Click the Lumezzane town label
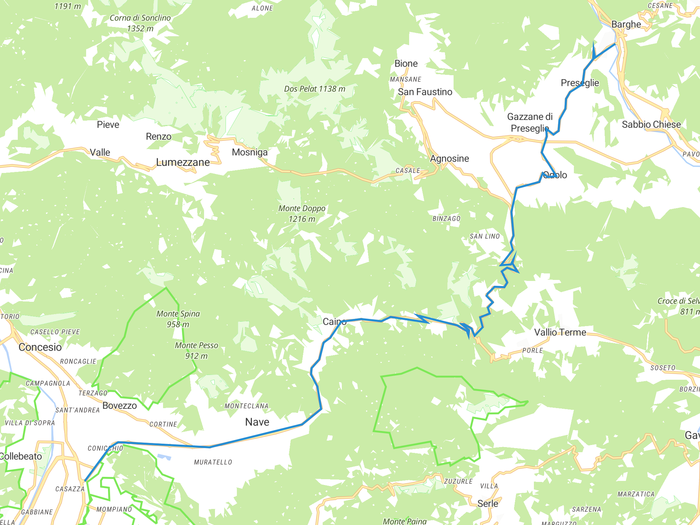click(x=183, y=162)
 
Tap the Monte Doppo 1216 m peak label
click(x=302, y=214)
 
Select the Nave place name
click(x=257, y=422)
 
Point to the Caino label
click(x=334, y=322)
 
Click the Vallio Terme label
click(x=560, y=332)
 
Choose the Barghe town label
click(x=626, y=25)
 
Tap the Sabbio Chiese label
click(x=651, y=124)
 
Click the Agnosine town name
click(x=449, y=159)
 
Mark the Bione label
click(x=406, y=64)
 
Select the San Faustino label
click(x=425, y=92)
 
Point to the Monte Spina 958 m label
click(x=178, y=319)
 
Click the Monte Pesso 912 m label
click(x=196, y=351)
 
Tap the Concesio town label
click(x=40, y=347)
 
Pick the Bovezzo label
click(x=120, y=406)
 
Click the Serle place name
click(x=488, y=503)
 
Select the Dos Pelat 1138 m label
click(x=314, y=89)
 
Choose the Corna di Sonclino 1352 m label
click(x=140, y=23)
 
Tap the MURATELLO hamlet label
click(x=213, y=462)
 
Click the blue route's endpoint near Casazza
click(x=85, y=481)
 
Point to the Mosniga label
click(x=250, y=152)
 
